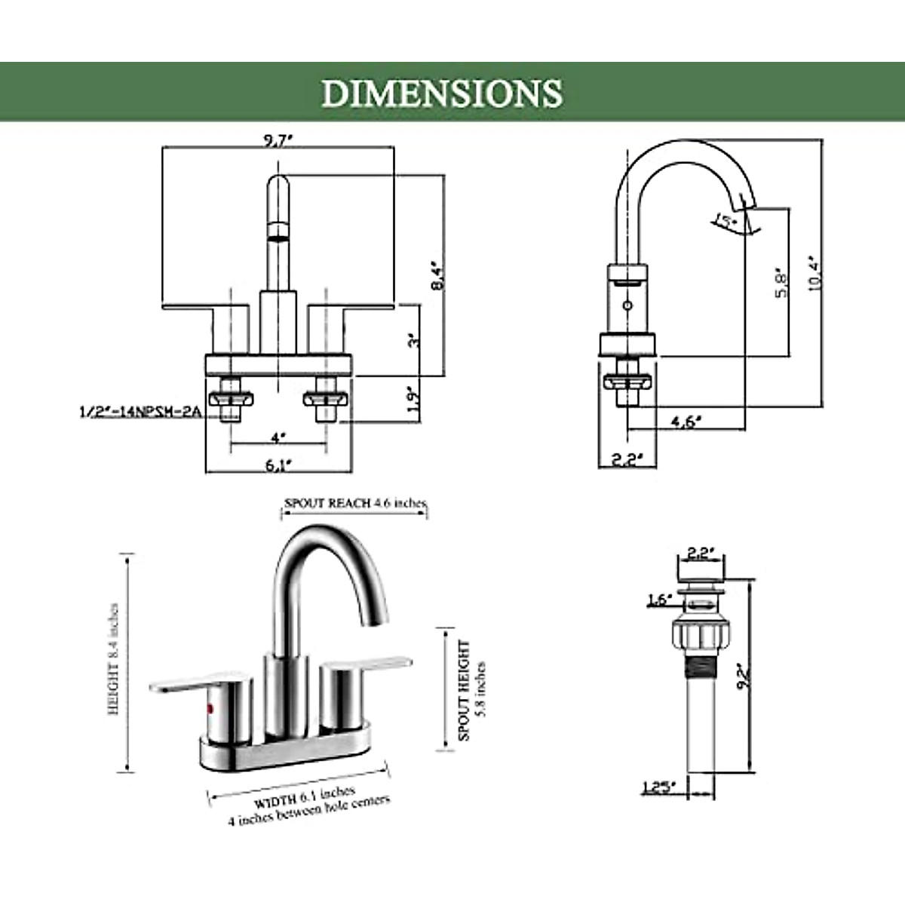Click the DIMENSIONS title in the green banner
pos(442,93)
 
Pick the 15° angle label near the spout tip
pos(726,222)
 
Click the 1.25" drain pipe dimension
pos(660,788)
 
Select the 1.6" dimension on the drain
pos(658,600)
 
